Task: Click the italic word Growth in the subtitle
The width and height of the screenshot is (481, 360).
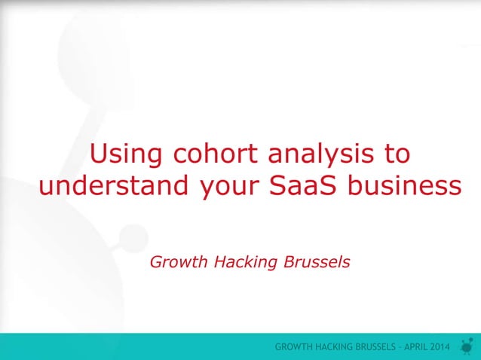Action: pyautogui.click(x=180, y=262)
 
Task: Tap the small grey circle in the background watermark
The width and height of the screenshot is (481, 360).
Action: pyautogui.click(x=133, y=236)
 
